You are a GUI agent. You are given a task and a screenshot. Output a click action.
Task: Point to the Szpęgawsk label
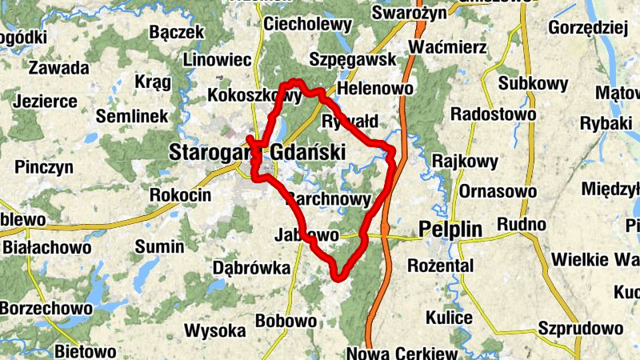pyautogui.click(x=353, y=60)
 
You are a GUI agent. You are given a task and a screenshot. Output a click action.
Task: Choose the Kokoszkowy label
pyautogui.click(x=254, y=96)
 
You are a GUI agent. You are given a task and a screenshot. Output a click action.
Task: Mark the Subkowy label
pyautogui.click(x=533, y=83)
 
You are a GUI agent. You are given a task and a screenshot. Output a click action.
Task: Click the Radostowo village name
pyautogui.click(x=494, y=114)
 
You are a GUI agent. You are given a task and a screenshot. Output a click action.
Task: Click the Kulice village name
pyautogui.click(x=449, y=318)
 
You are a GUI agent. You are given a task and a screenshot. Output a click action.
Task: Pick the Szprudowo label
pyautogui.click(x=581, y=329)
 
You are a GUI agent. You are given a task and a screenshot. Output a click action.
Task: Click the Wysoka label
pyautogui.click(x=214, y=330)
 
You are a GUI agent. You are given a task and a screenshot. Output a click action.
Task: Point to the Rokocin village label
pyautogui.click(x=180, y=195)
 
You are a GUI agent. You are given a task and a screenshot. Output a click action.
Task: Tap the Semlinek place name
pyautogui.click(x=132, y=116)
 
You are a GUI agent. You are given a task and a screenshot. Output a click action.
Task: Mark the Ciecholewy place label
pyautogui.click(x=307, y=25)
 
